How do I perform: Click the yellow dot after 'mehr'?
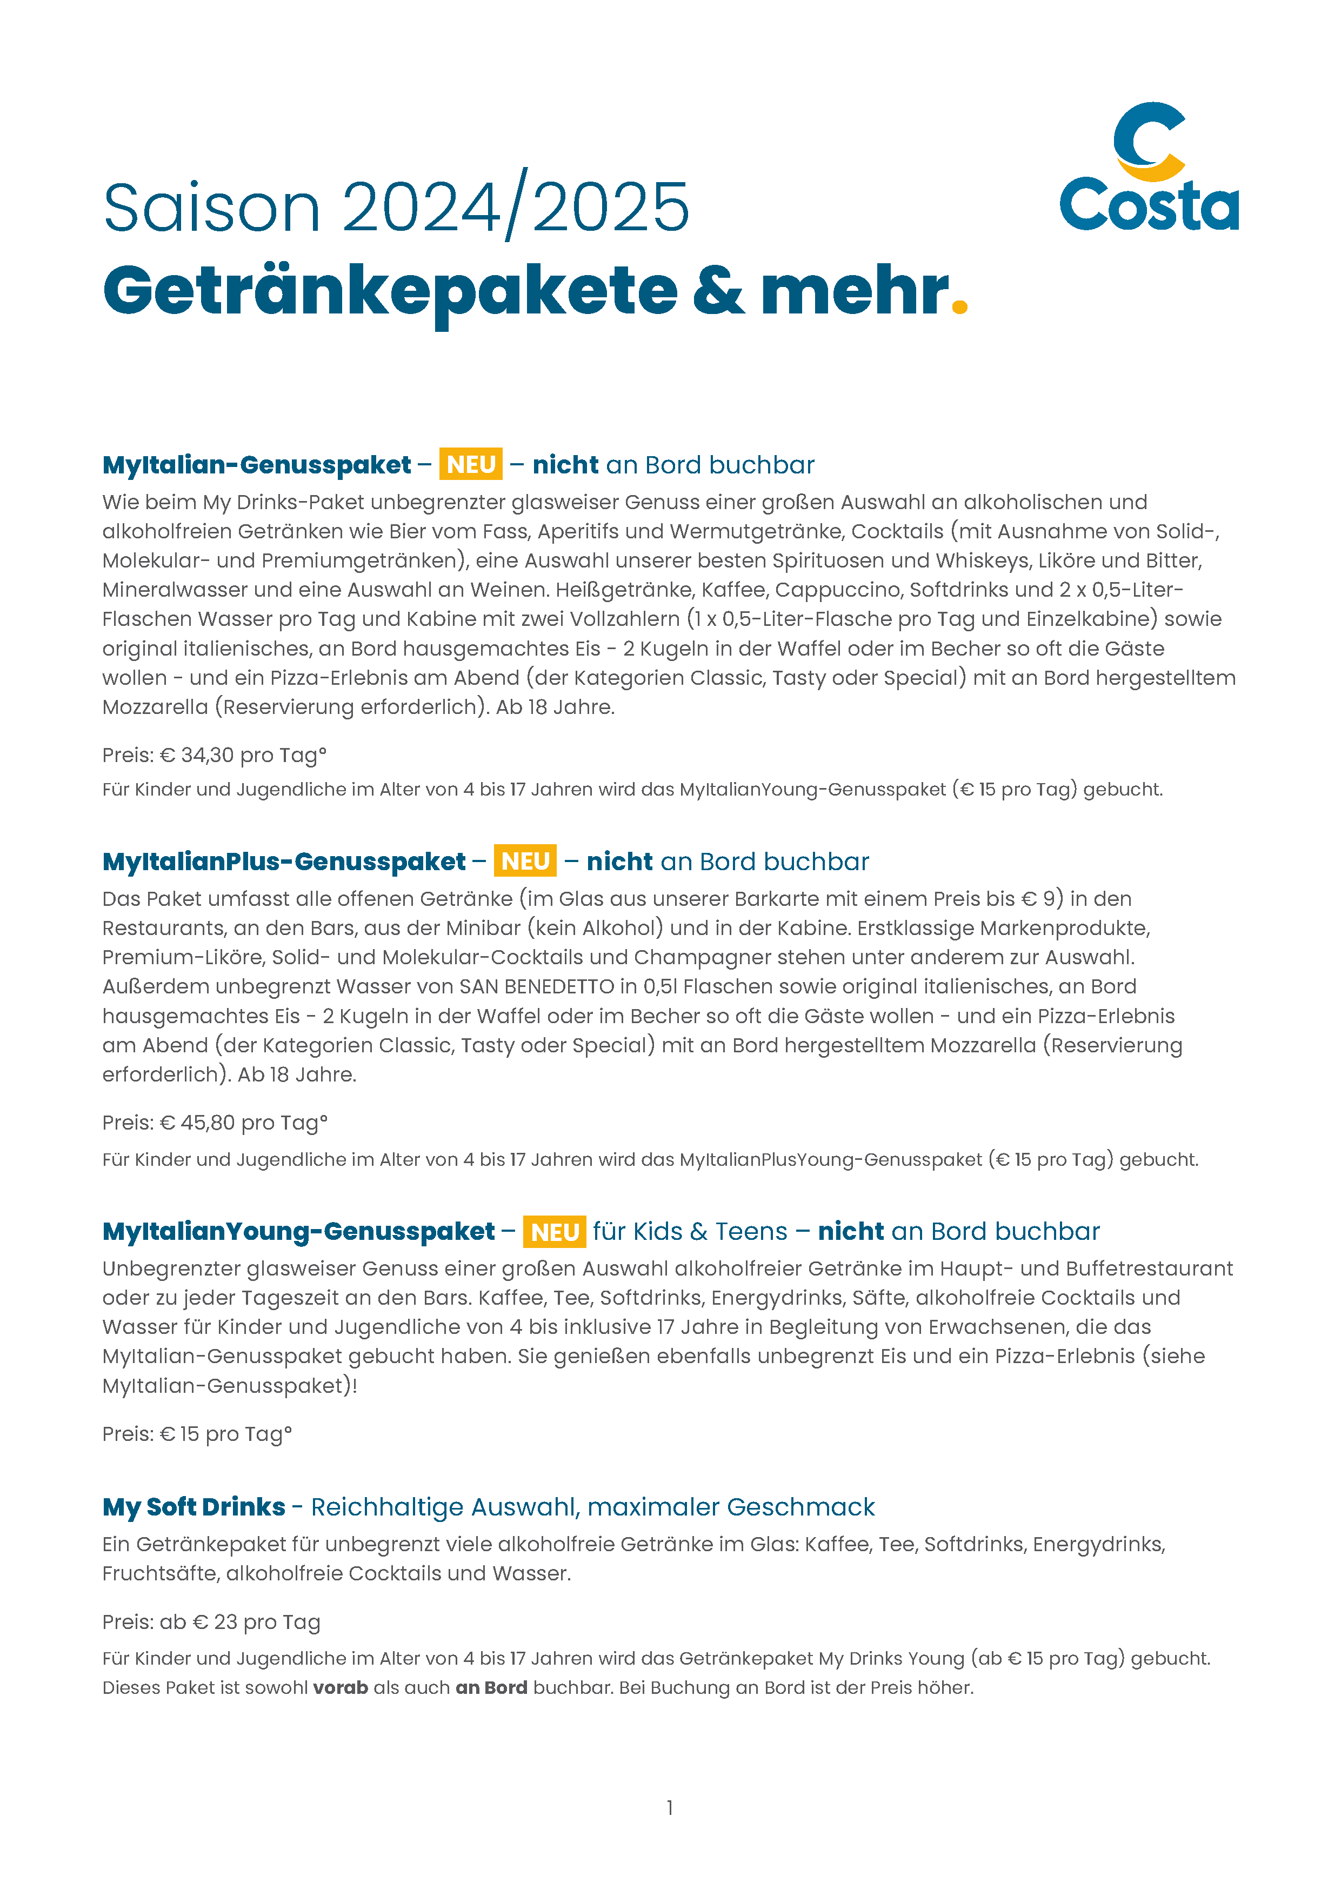point(959,306)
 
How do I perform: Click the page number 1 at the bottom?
point(670,1808)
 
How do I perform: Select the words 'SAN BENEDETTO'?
point(537,987)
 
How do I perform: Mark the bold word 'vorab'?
point(340,1688)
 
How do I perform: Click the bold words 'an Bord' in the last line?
point(491,1688)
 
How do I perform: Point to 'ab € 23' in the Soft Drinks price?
point(198,1623)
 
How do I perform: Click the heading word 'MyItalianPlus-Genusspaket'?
point(284,862)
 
